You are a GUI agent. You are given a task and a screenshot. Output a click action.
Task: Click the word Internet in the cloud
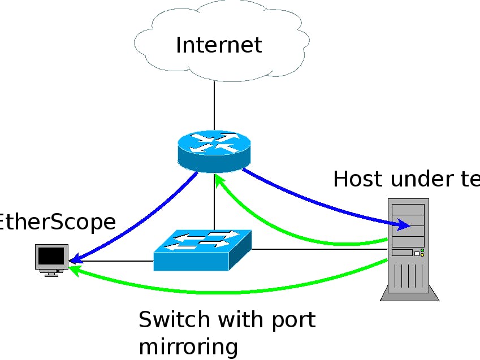(219, 45)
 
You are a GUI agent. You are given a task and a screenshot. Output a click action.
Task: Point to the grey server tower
(408, 249)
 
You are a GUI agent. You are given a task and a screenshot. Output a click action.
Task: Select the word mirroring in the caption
(188, 346)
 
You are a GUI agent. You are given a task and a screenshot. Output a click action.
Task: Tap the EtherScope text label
(57, 222)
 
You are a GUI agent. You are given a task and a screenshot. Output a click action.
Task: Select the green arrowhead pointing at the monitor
(74, 271)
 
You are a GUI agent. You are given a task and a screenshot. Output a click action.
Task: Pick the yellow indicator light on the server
(422, 254)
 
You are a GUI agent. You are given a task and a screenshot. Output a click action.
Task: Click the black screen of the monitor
(51, 257)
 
